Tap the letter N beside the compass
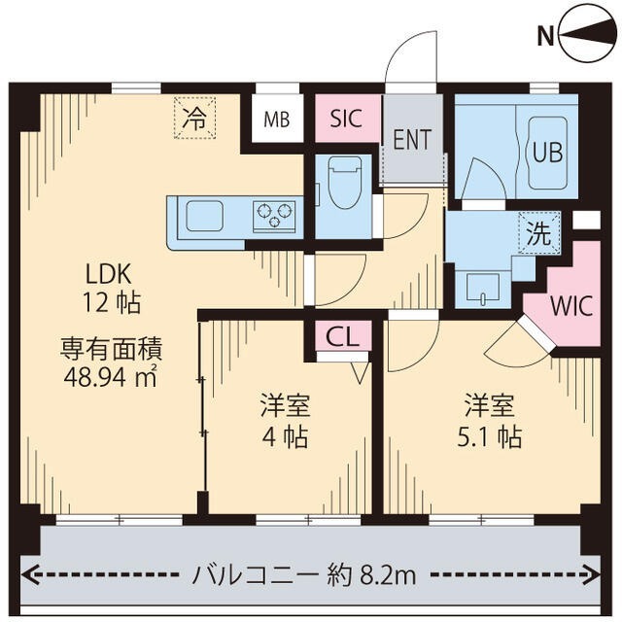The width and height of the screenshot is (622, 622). point(546,38)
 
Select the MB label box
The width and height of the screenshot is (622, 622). point(277,121)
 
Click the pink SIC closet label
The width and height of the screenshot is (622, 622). point(346,120)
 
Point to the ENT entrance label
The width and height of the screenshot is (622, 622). point(412,140)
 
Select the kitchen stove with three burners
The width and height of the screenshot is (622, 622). point(275,215)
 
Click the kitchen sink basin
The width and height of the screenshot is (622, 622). point(206,215)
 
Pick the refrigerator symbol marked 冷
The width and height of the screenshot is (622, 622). point(195,120)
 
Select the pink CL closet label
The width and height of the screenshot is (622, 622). point(342,336)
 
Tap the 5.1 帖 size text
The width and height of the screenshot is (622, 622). point(490,437)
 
